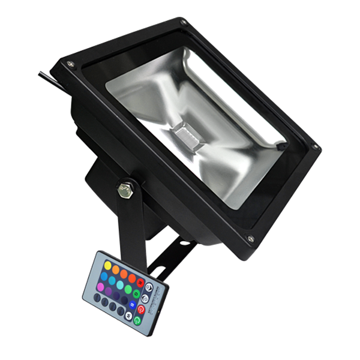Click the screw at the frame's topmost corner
(x=182, y=24)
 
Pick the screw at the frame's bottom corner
(x=250, y=239)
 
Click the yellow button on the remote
(x=107, y=265)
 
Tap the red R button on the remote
(x=140, y=283)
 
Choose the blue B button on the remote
(x=133, y=304)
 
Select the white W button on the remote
(x=129, y=315)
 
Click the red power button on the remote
(x=141, y=309)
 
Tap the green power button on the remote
(x=137, y=320)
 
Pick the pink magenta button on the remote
(x=100, y=287)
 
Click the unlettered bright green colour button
(x=128, y=289)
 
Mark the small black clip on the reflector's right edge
(x=280, y=145)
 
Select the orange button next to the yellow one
(x=116, y=269)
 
